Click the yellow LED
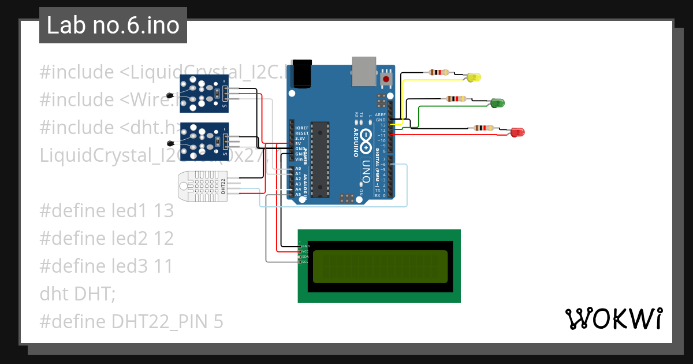(474, 77)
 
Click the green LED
(497, 103)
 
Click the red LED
(517, 132)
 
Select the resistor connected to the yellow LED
(439, 73)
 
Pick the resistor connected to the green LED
(457, 99)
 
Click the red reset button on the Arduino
(386, 78)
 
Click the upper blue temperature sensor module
(204, 93)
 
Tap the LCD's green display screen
(380, 266)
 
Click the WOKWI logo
(613, 319)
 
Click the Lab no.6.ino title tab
(113, 26)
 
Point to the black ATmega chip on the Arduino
(320, 159)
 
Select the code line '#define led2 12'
(107, 239)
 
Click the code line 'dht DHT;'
(78, 294)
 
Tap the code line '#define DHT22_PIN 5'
(131, 322)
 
